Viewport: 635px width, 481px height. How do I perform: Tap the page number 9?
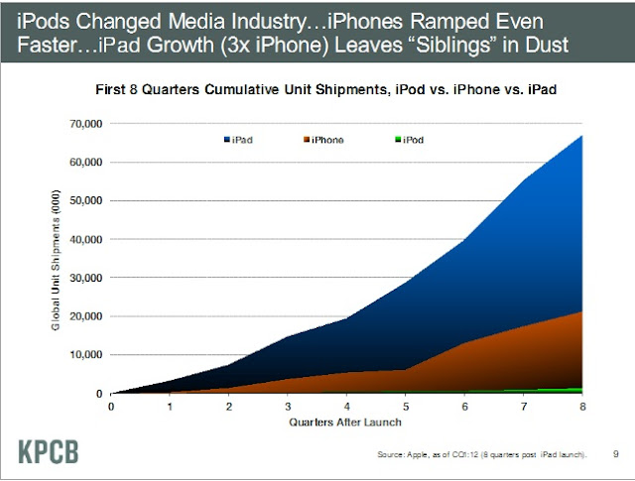coord(616,455)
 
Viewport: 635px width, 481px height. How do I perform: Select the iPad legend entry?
coord(237,141)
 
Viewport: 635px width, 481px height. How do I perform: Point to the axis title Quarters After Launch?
coord(346,421)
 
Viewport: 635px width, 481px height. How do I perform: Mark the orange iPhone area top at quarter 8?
coord(580,312)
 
